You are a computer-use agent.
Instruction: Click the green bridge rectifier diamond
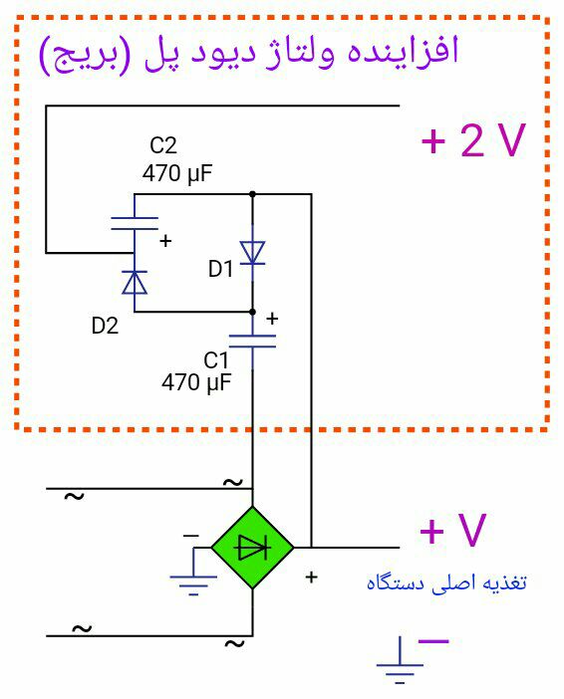point(252,548)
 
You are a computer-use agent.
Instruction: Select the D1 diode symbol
point(252,253)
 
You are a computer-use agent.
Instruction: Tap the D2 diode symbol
point(135,282)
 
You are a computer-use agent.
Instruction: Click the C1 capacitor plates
point(252,341)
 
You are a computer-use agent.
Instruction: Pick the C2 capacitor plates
point(135,223)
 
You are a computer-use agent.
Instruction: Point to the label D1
point(221,269)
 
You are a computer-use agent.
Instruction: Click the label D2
point(105,326)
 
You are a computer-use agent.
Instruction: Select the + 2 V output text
point(473,140)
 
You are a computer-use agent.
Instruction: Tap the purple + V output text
point(452,530)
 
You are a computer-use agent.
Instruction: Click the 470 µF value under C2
point(177,173)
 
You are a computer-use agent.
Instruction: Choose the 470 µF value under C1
point(196,382)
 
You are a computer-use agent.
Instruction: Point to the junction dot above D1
point(252,194)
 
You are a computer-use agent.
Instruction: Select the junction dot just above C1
point(252,312)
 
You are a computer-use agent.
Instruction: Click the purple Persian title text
point(249,54)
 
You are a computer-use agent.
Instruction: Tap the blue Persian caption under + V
point(446,583)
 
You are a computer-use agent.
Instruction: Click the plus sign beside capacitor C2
point(165,241)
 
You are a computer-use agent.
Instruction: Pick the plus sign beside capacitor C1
point(272,319)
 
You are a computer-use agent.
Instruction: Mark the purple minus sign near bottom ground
point(433,641)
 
